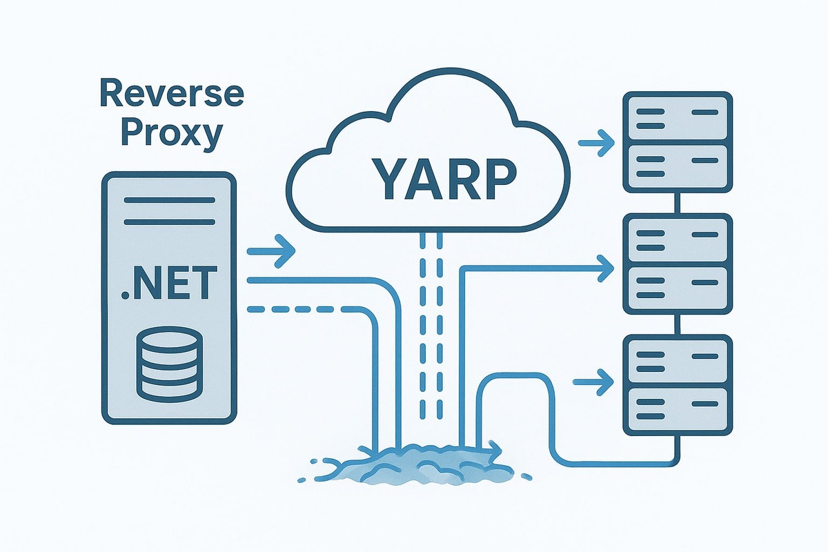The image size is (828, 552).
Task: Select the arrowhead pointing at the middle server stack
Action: pyautogui.click(x=605, y=266)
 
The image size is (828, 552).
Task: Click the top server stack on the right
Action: pyautogui.click(x=677, y=141)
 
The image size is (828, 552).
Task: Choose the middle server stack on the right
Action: pyautogui.click(x=677, y=264)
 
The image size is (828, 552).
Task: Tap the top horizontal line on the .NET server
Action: pyautogui.click(x=169, y=201)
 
